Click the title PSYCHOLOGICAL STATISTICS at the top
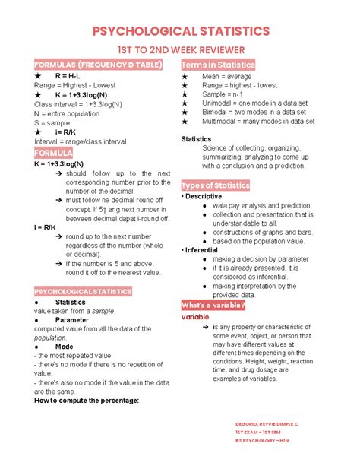[x=180, y=30]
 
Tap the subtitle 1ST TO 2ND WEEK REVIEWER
[x=180, y=49]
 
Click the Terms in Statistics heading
[x=217, y=65]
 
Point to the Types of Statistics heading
[x=215, y=186]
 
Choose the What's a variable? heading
[x=213, y=305]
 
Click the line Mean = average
[x=227, y=77]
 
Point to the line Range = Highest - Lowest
[x=76, y=86]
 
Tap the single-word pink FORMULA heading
[x=53, y=153]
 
